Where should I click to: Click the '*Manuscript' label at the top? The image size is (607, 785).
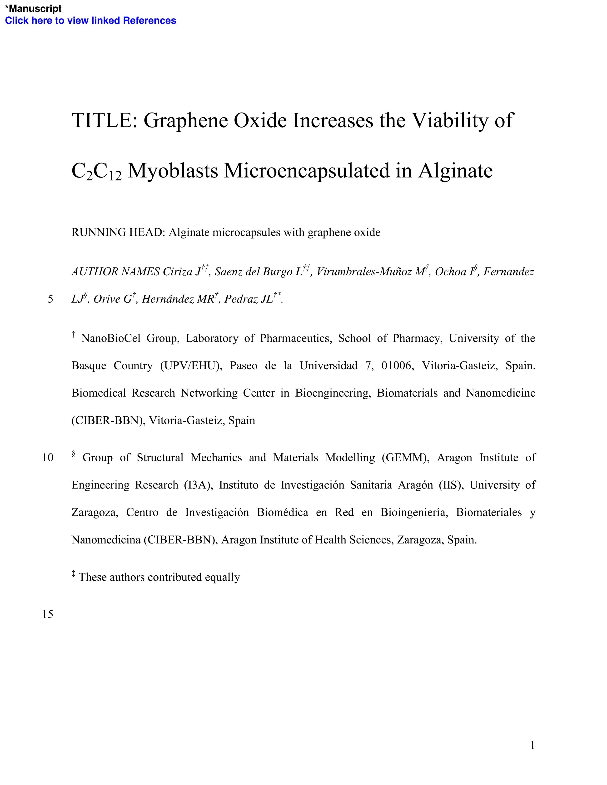coord(33,8)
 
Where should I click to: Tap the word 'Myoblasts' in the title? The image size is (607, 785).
coord(173,171)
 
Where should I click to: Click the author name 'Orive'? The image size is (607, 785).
coord(107,299)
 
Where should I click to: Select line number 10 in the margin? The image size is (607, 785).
coord(48,458)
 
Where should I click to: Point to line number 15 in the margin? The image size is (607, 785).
coord(48,614)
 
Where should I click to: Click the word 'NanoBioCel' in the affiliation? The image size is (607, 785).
coord(111,339)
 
